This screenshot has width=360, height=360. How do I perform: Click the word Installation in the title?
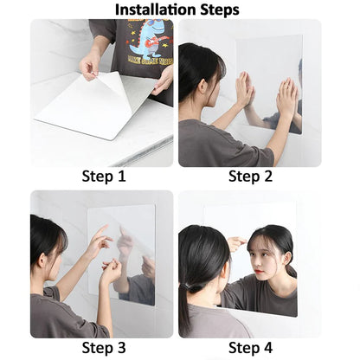coord(154,10)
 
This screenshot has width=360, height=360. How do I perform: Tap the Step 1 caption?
coord(103,177)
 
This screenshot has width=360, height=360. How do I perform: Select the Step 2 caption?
coord(250,177)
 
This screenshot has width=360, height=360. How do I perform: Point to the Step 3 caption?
coord(103,348)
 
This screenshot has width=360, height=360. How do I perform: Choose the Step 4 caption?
coord(250,348)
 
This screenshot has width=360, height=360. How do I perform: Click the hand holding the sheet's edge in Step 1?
coord(89,66)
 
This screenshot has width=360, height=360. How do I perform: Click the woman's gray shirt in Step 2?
coord(212,143)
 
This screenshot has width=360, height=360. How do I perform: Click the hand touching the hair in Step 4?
coord(235,243)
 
